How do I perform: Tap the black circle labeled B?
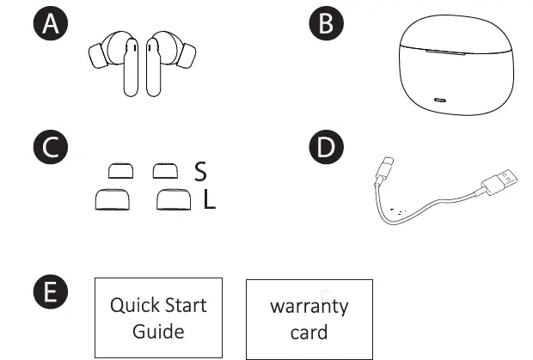tap(326, 24)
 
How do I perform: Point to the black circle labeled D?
tap(326, 147)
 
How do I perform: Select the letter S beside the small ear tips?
tap(200, 173)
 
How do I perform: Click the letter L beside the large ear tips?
tap(209, 201)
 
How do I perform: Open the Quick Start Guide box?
tap(158, 317)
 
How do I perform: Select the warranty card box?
tap(309, 318)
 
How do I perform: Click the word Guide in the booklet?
tap(158, 331)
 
